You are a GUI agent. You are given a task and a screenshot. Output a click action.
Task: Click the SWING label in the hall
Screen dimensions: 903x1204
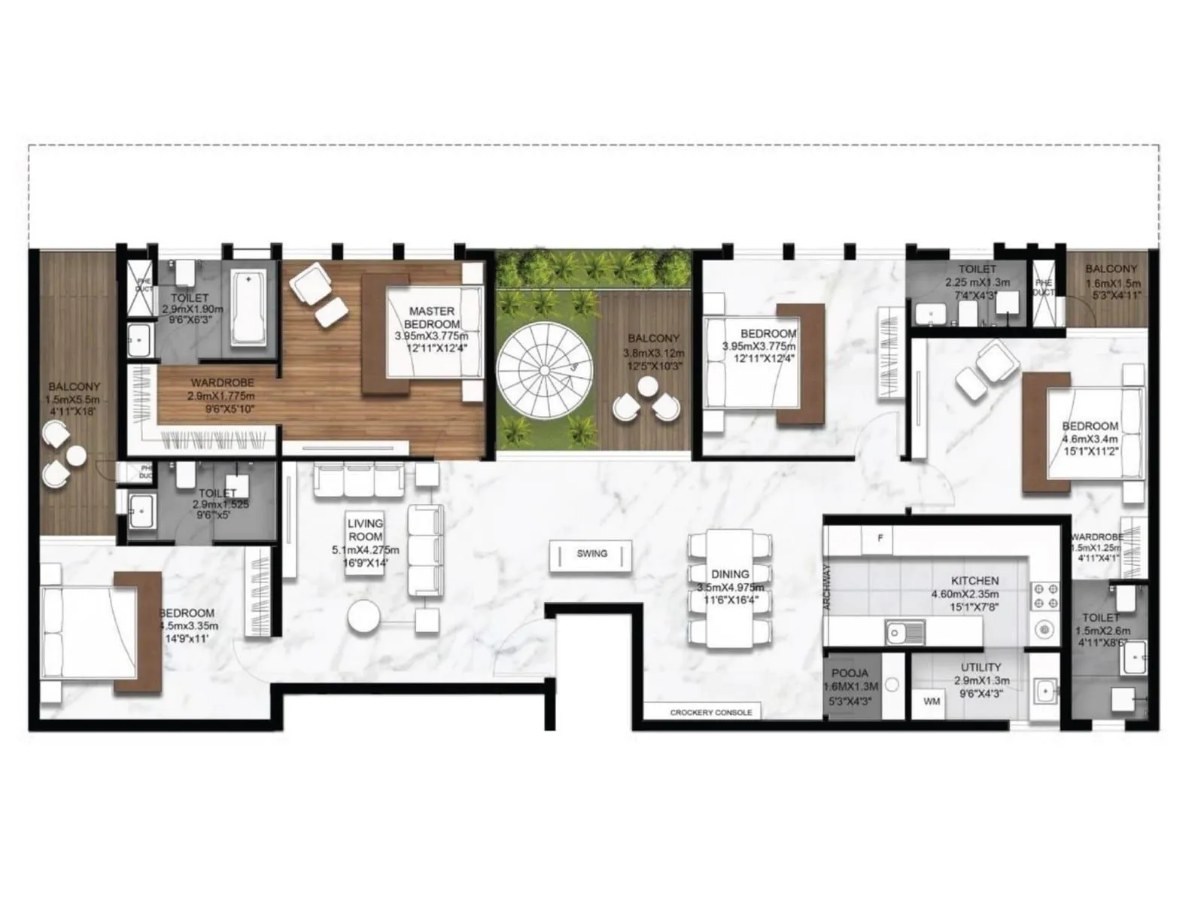click(591, 554)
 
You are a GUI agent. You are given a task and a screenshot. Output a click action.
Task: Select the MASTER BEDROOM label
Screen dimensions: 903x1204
click(432, 318)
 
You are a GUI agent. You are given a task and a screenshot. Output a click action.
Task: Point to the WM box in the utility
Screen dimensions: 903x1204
click(932, 701)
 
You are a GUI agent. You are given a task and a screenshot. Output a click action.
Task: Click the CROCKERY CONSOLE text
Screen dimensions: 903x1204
click(710, 712)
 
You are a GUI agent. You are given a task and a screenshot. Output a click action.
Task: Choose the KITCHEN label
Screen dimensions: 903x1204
click(974, 581)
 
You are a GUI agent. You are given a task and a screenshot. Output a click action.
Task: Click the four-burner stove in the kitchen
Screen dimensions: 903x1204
click(1044, 596)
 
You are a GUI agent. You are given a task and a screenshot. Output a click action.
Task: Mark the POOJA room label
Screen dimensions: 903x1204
click(850, 673)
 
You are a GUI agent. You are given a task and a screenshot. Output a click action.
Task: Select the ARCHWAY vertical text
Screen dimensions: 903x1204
click(826, 587)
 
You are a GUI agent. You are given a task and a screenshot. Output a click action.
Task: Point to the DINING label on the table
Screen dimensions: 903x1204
click(729, 574)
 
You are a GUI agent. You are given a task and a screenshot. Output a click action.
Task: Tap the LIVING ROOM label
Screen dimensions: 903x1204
click(365, 530)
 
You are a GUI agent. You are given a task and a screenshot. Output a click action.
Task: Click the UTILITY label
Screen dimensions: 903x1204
click(981, 667)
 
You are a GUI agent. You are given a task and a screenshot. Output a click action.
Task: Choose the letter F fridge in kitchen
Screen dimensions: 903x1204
click(880, 538)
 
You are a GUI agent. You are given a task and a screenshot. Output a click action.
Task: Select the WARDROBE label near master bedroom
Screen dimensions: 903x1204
click(222, 383)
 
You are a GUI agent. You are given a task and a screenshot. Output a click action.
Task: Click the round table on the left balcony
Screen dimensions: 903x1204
click(76, 455)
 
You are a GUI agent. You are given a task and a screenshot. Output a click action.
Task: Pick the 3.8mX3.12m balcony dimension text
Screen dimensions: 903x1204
click(653, 353)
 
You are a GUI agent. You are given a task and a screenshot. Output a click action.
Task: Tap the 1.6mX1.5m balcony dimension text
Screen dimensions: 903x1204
click(1112, 284)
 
